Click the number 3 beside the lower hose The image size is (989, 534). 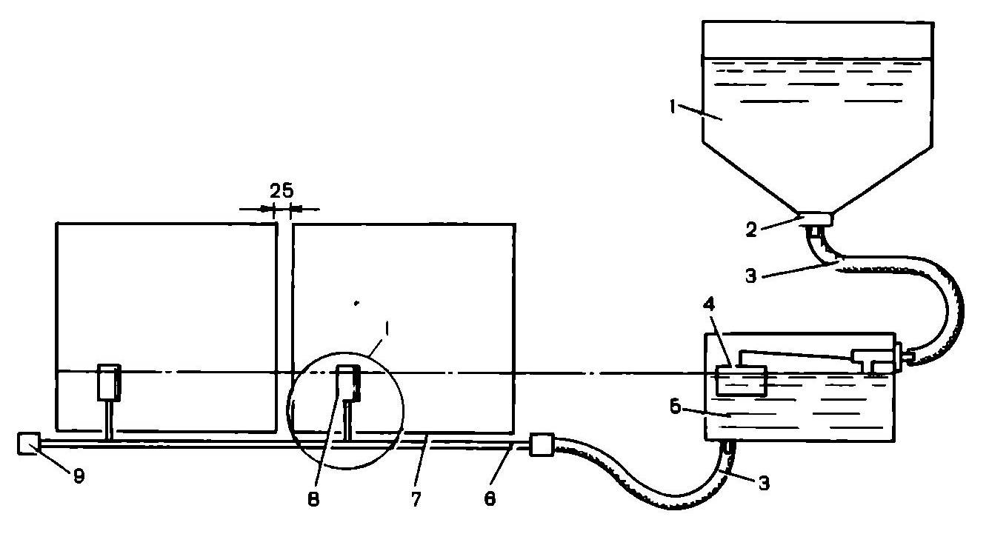pos(763,484)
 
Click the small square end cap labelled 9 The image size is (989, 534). pos(28,444)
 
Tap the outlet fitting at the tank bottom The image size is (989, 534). pos(816,219)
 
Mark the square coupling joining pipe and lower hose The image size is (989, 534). pos(542,446)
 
